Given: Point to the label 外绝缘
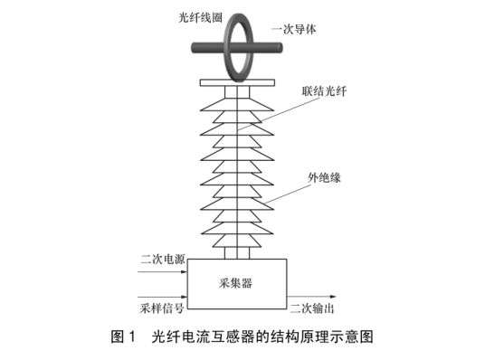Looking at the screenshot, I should point(324,177).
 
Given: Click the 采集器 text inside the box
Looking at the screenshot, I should point(235,282).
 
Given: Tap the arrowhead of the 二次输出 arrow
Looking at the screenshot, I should point(342,296).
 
